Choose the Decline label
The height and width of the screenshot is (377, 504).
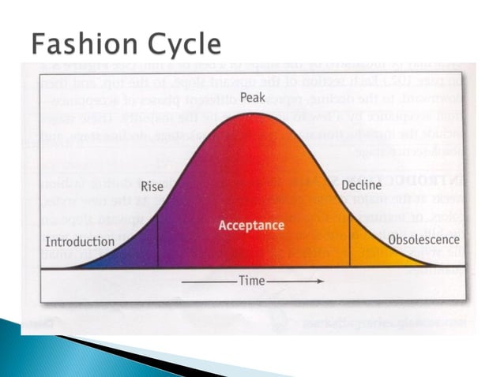pos(361,186)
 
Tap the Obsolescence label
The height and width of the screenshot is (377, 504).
pos(423,239)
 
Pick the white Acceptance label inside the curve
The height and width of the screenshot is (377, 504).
pos(251,226)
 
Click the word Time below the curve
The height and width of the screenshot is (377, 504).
pos(253,281)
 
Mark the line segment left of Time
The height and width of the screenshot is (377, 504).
pos(208,281)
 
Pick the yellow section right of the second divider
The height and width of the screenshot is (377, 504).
pos(375,254)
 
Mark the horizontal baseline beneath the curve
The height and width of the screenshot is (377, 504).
pos(253,269)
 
